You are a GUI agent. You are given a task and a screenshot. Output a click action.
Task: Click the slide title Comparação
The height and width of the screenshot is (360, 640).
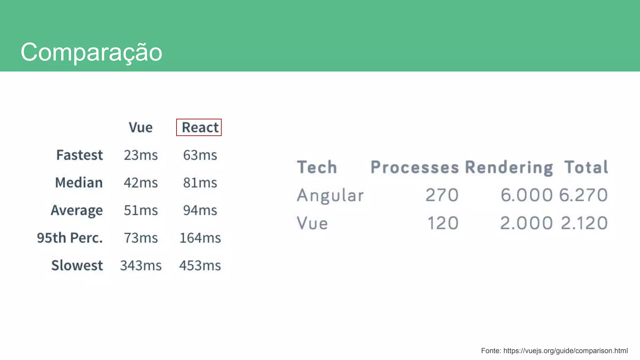pyautogui.click(x=91, y=52)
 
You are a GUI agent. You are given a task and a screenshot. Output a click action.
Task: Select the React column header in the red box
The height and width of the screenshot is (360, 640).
pyautogui.click(x=199, y=127)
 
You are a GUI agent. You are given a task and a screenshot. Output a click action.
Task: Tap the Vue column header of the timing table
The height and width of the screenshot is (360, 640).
pyautogui.click(x=141, y=127)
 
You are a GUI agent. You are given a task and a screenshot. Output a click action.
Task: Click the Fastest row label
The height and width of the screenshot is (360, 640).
pyautogui.click(x=79, y=155)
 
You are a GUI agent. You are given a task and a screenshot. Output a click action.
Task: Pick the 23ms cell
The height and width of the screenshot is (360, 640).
pyautogui.click(x=141, y=155)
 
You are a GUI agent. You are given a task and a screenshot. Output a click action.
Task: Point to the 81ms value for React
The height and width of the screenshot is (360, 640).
pyautogui.click(x=200, y=182)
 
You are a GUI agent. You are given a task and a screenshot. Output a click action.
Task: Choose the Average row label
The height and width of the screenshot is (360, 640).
pyautogui.click(x=77, y=210)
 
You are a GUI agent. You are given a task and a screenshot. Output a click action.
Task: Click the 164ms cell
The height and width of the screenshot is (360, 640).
pyautogui.click(x=200, y=238)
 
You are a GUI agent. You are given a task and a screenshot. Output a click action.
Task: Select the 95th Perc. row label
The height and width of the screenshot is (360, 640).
pyautogui.click(x=70, y=238)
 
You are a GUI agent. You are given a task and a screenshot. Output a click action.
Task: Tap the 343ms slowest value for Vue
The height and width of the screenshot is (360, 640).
pyautogui.click(x=141, y=266)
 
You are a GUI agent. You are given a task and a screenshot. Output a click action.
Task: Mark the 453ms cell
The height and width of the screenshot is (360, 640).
pyautogui.click(x=200, y=266)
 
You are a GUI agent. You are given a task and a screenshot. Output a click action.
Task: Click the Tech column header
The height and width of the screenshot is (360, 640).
pyautogui.click(x=317, y=167)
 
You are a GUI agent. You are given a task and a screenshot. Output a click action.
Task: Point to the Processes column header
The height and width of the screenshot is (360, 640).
pyautogui.click(x=415, y=167)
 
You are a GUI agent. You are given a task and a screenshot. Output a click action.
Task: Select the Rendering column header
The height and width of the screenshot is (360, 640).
pyautogui.click(x=509, y=167)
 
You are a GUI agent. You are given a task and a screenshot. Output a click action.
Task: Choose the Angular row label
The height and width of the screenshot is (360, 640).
pyautogui.click(x=330, y=195)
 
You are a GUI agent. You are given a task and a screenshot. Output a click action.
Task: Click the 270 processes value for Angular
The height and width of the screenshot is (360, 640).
pyautogui.click(x=442, y=195)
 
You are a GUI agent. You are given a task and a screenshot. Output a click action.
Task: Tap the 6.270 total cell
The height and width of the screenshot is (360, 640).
pyautogui.click(x=583, y=195)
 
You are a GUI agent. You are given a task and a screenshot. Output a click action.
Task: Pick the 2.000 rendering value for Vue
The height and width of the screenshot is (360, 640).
pyautogui.click(x=526, y=223)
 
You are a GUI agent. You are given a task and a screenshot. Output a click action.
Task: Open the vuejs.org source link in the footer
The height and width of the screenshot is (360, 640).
pyautogui.click(x=565, y=351)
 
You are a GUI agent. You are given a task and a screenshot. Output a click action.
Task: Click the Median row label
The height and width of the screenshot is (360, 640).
pyautogui.click(x=79, y=182)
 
